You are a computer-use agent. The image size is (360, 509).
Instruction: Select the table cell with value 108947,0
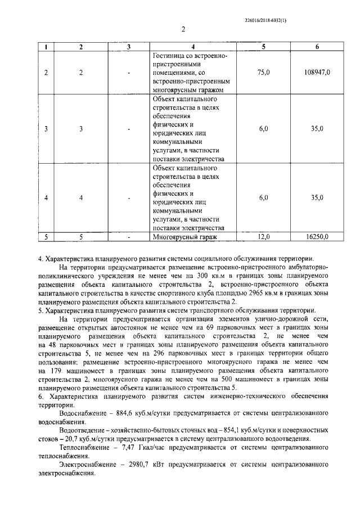[x=317, y=73]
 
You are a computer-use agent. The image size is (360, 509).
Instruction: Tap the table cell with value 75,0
[x=264, y=73]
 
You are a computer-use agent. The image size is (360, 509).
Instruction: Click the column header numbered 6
[x=317, y=47]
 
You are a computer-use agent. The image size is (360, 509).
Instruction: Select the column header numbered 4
[x=192, y=47]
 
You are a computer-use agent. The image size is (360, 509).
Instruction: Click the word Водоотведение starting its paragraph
[x=83, y=429]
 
